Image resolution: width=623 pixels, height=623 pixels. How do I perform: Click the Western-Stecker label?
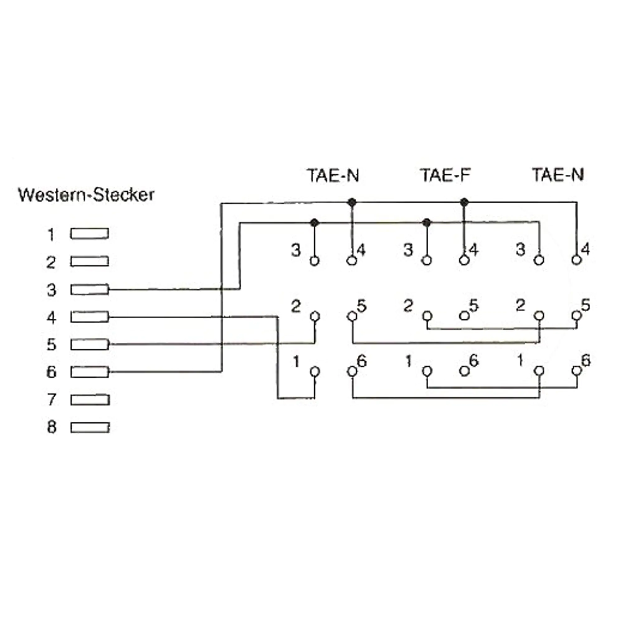pos(86,195)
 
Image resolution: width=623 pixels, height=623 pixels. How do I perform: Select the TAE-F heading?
pos(446,175)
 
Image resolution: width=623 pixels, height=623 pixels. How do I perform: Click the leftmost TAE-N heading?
pos(333,176)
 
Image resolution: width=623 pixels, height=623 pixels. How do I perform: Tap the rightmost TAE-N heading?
pos(558,175)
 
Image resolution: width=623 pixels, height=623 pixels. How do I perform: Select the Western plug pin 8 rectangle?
pos(90,428)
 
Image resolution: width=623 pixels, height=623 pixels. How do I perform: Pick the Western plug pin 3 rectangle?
pos(90,289)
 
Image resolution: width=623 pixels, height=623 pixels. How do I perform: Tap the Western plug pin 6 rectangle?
pos(90,372)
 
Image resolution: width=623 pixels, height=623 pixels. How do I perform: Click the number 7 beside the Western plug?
pos(51,400)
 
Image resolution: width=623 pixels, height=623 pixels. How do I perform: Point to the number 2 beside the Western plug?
pos(51,262)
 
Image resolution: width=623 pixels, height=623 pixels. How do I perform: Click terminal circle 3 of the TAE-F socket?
pos(427,260)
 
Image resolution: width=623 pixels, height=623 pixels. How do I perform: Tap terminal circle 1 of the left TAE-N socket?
pos(315,372)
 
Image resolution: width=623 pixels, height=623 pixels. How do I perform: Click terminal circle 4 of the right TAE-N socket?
pos(577,260)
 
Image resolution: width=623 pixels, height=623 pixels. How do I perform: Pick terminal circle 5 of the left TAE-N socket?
pos(352,316)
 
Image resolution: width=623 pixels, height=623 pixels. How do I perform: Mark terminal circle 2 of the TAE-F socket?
pos(427,316)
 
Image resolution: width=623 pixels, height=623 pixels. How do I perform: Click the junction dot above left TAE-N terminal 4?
pos(352,202)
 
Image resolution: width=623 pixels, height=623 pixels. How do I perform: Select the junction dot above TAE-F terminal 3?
pos(427,222)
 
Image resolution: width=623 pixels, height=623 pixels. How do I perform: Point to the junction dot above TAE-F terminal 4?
pos(464,202)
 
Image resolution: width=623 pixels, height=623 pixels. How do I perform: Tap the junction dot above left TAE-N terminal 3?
pos(315,222)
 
